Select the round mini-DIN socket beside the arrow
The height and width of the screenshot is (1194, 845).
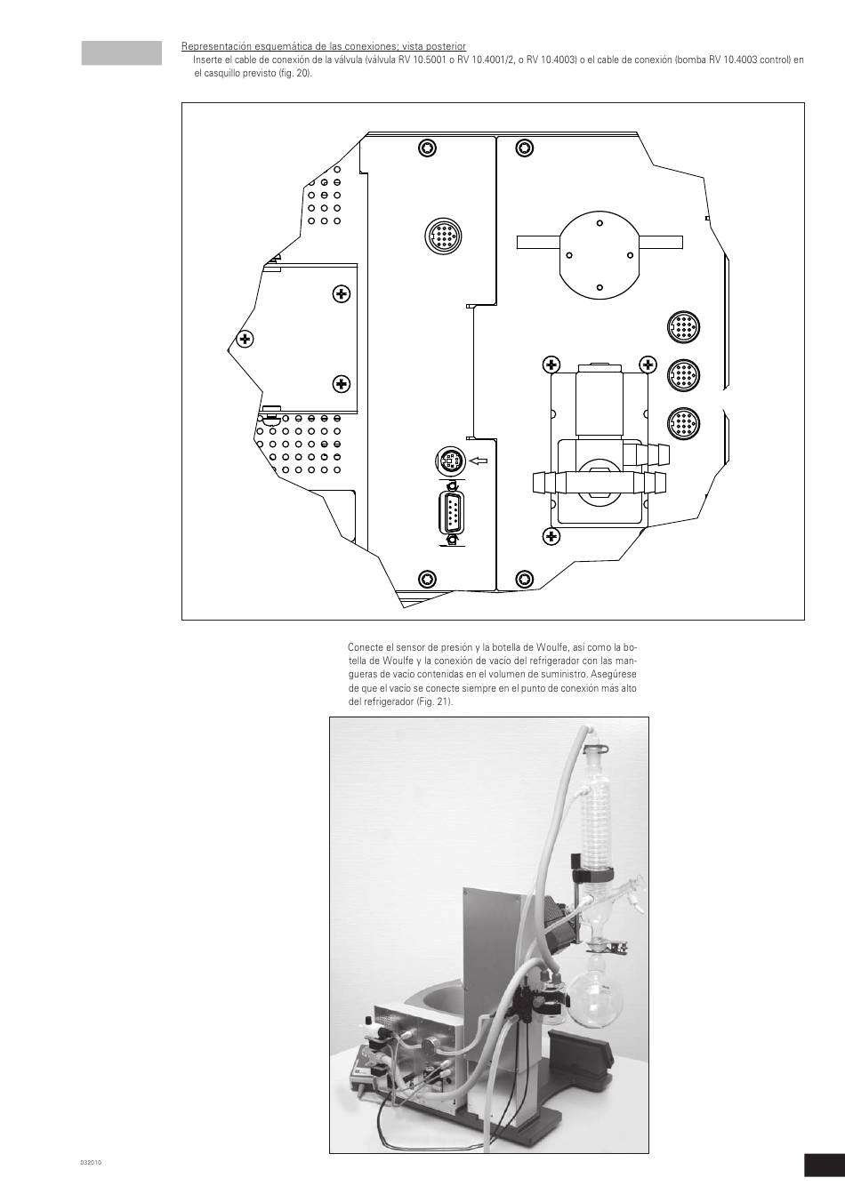point(450,460)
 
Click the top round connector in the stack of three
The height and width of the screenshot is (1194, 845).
point(683,327)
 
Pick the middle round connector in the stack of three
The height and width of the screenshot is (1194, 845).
point(683,375)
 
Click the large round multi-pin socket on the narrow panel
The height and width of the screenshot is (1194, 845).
point(443,235)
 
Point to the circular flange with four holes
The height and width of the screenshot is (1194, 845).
point(600,255)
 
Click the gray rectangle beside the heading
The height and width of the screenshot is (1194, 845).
point(122,52)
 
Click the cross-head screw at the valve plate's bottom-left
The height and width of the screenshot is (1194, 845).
point(551,536)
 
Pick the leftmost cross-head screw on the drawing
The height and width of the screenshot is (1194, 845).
point(245,339)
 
